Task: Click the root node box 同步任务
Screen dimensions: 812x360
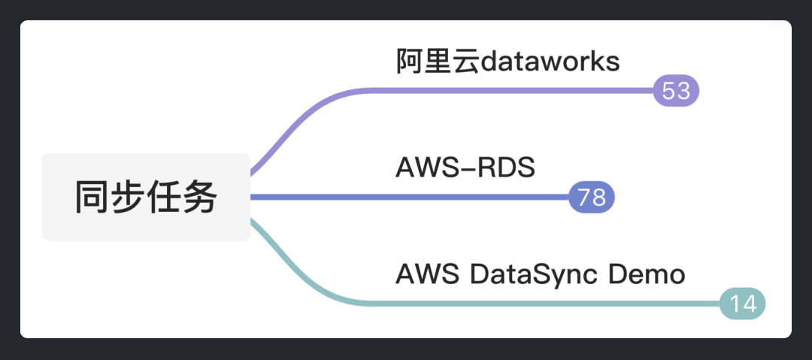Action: pyautogui.click(x=146, y=197)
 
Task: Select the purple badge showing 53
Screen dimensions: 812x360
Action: pyautogui.click(x=676, y=91)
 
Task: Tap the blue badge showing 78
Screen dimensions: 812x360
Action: pyautogui.click(x=592, y=197)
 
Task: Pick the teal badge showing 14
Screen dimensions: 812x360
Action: pyautogui.click(x=742, y=304)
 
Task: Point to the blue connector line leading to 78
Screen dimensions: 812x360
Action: pyautogui.click(x=410, y=197)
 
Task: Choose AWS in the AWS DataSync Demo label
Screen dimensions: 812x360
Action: pyautogui.click(x=427, y=274)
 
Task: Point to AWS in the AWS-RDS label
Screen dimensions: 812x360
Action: pyautogui.click(x=427, y=168)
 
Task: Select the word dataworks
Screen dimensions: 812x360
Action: pyautogui.click(x=550, y=61)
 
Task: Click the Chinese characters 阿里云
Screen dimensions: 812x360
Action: pyautogui.click(x=438, y=61)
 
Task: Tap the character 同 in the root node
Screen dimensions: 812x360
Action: pyautogui.click(x=92, y=197)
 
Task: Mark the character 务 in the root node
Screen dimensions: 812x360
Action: pyautogui.click(x=199, y=197)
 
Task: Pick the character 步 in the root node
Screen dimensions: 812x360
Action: pyautogui.click(x=128, y=197)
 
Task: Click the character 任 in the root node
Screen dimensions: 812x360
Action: pyautogui.click(x=164, y=197)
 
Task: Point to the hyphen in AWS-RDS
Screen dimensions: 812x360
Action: pyautogui.click(x=468, y=169)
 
